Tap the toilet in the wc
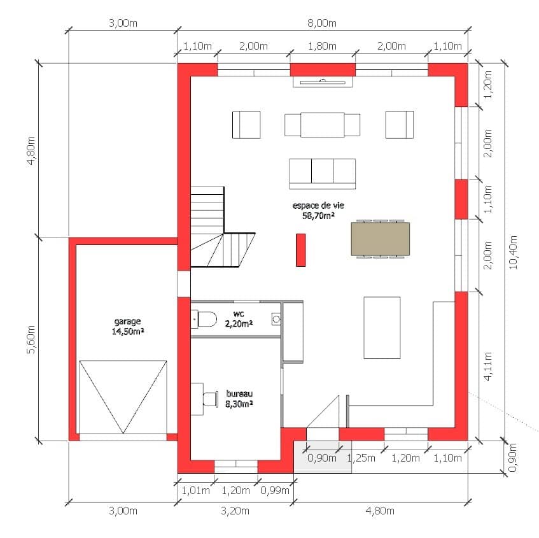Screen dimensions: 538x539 pyautogui.click(x=206, y=318)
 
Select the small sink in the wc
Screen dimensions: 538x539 pyautogui.click(x=276, y=318)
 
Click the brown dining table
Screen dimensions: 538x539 pyautogui.click(x=381, y=239)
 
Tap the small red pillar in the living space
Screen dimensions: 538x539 pyautogui.click(x=300, y=250)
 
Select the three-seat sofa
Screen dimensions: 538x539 pyautogui.click(x=322, y=173)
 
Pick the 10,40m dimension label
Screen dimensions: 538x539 pyautogui.click(x=514, y=253)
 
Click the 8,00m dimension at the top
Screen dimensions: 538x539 pyautogui.click(x=323, y=24)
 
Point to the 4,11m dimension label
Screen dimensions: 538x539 pyautogui.click(x=488, y=367)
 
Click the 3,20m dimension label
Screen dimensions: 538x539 pyautogui.click(x=234, y=511)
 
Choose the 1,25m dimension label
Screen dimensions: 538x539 pyautogui.click(x=361, y=457)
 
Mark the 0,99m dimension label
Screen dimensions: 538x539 pyautogui.click(x=276, y=490)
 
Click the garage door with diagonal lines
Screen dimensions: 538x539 pyautogui.click(x=123, y=396)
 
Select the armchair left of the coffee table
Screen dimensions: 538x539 pyautogui.click(x=246, y=124)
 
